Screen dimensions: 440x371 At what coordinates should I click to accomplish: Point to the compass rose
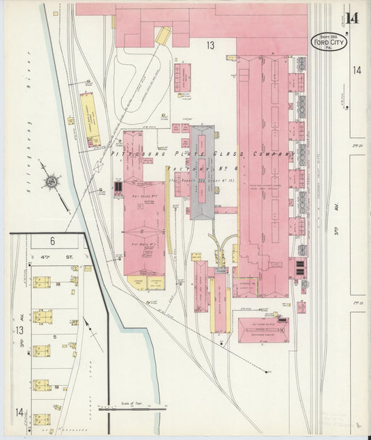(x=51, y=182)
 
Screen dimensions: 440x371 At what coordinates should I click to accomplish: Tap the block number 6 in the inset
(x=52, y=240)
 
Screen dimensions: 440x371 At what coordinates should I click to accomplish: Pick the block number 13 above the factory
(x=210, y=45)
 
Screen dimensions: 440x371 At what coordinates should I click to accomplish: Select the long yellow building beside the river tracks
(x=90, y=119)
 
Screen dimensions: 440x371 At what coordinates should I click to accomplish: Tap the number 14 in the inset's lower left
(x=20, y=417)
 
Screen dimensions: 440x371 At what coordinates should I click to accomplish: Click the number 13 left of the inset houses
(x=20, y=330)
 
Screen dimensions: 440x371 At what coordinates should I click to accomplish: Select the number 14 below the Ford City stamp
(x=356, y=70)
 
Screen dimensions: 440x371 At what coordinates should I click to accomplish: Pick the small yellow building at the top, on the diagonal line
(x=163, y=36)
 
